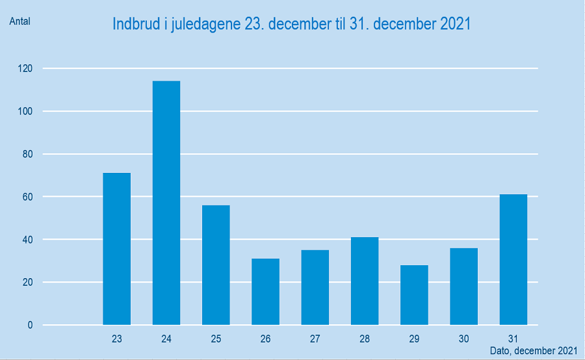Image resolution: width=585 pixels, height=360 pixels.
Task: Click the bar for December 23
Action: [x=117, y=249]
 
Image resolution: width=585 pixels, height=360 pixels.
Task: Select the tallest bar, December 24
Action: [x=166, y=203]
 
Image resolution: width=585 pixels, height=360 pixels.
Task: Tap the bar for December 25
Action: [x=216, y=265]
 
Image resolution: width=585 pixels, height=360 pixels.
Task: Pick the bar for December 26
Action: [x=265, y=292]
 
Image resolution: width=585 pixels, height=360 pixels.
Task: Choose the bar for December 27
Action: [x=315, y=287]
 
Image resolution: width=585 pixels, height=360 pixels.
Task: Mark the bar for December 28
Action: [x=365, y=281]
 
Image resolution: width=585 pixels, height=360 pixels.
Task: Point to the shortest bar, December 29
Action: [x=414, y=295]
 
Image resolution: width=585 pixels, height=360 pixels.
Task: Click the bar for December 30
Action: [x=463, y=287]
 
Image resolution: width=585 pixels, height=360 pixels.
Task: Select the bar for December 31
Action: [x=513, y=260]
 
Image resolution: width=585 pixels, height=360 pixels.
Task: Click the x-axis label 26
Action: [x=265, y=339]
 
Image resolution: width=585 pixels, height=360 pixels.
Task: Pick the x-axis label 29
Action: [x=414, y=339]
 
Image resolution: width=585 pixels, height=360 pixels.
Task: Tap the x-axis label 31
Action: [x=513, y=339]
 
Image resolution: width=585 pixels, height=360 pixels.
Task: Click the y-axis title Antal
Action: [x=19, y=21]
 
